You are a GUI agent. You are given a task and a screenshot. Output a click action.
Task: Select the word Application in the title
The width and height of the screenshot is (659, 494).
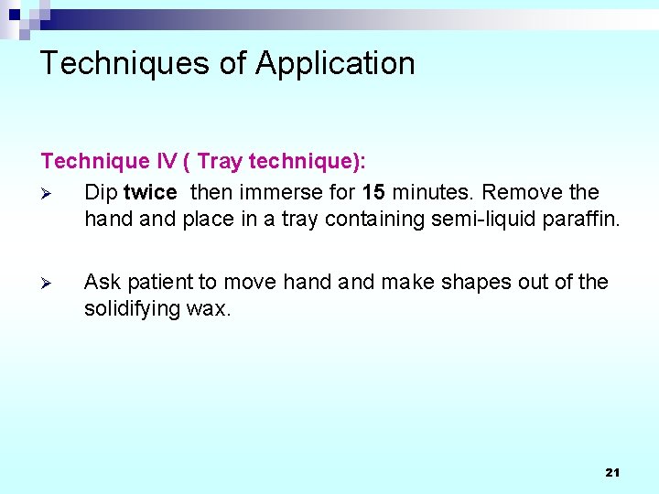click(335, 63)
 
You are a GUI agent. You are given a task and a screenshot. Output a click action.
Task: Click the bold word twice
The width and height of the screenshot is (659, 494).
click(150, 192)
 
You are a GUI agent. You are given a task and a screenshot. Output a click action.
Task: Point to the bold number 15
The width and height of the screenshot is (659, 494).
click(373, 192)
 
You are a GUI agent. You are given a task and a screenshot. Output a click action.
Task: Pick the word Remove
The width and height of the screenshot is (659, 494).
click(521, 192)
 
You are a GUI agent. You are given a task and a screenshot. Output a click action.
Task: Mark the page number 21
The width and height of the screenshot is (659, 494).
click(612, 473)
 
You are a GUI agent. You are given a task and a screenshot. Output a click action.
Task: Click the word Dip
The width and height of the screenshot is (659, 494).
click(101, 192)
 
